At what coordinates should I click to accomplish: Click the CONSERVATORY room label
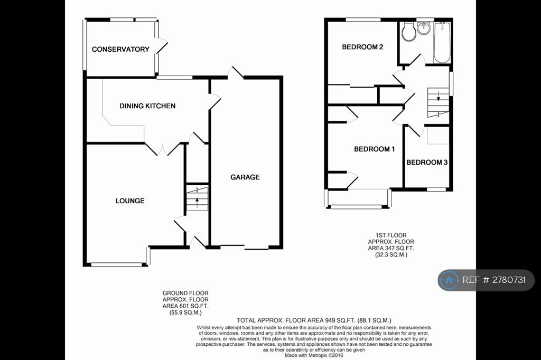pyautogui.click(x=120, y=49)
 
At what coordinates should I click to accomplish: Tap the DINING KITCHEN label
pyautogui.click(x=147, y=106)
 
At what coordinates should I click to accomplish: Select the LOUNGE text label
pyautogui.click(x=130, y=201)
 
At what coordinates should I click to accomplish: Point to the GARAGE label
pyautogui.click(x=245, y=177)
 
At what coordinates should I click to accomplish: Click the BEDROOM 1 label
pyautogui.click(x=375, y=149)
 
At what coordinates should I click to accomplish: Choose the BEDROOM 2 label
pyautogui.click(x=362, y=47)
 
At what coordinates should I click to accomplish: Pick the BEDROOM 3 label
pyautogui.click(x=427, y=162)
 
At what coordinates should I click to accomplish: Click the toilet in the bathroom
pyautogui.click(x=408, y=32)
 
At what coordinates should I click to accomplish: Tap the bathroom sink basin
pyautogui.click(x=424, y=28)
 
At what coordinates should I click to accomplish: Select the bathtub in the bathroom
pyautogui.click(x=442, y=42)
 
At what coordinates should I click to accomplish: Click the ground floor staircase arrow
pyautogui.click(x=197, y=202)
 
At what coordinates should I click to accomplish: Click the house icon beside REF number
pyautogui.click(x=449, y=280)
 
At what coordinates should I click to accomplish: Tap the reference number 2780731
pyautogui.click(x=509, y=280)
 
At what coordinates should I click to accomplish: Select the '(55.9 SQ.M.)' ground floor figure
pyautogui.click(x=185, y=313)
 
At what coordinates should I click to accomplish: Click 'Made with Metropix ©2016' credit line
pyautogui.click(x=314, y=355)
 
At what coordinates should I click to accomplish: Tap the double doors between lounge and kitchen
pyautogui.click(x=163, y=149)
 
